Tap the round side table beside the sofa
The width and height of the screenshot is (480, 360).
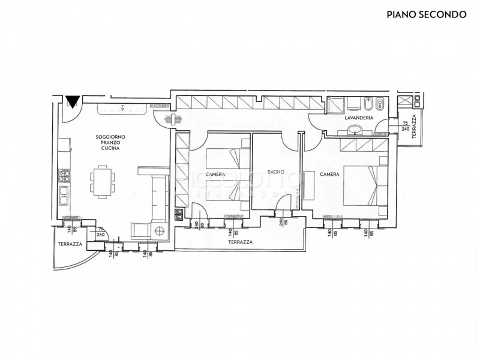tap(160, 230)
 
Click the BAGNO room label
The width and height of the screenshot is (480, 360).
tap(275, 173)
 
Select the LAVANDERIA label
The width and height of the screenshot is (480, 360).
tap(359, 119)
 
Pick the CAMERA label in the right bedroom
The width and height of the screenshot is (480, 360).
tap(329, 174)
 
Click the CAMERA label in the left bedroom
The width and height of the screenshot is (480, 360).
tap(215, 174)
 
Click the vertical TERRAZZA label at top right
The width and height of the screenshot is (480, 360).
tap(414, 126)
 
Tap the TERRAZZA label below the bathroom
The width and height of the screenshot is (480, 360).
tap(239, 241)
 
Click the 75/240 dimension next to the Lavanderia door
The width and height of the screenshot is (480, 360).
tap(405, 125)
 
